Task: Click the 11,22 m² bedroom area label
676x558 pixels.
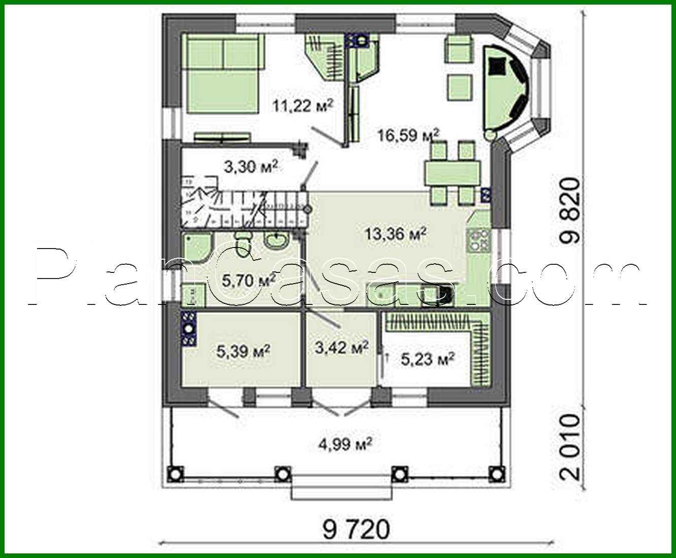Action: (x=303, y=106)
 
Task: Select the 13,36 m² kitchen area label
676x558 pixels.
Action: (x=395, y=234)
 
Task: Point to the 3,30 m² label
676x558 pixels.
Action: (x=251, y=166)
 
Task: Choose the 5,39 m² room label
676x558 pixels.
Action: (x=243, y=351)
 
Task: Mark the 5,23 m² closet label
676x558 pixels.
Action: (x=427, y=359)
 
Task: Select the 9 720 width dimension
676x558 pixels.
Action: (x=356, y=530)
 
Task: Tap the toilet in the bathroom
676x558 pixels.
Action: (x=244, y=239)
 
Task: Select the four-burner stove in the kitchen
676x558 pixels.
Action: (x=478, y=241)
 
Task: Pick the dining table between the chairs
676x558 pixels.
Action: (x=452, y=173)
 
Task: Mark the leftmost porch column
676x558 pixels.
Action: (x=176, y=473)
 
